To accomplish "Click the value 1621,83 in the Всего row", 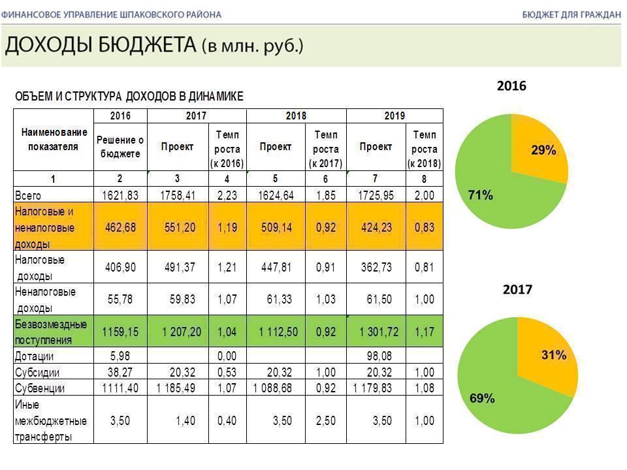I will pos(120,195).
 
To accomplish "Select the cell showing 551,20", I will pos(180,228).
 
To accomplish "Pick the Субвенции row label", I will pos(39,388).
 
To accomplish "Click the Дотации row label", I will pos(34,356).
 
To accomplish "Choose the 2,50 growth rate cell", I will pos(325,421).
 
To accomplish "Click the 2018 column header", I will pos(296,116).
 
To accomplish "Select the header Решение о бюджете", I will pos(120,147).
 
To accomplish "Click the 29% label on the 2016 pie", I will pos(543,151).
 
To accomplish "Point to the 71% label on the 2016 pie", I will pos(481,194).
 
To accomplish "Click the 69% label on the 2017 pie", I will pos(481,398).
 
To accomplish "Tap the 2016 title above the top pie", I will pos(511,86).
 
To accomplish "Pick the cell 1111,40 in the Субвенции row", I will pos(120,388).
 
